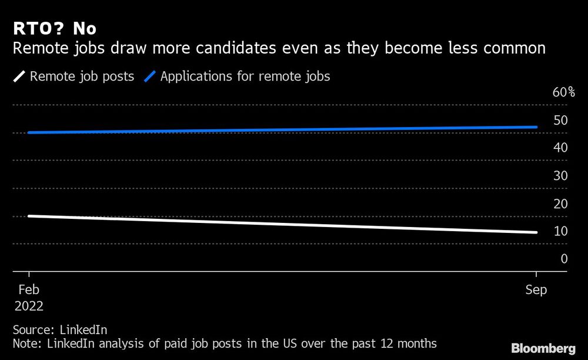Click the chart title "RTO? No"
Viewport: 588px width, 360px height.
pyautogui.click(x=54, y=28)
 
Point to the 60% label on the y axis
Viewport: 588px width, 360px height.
pyautogui.click(x=563, y=92)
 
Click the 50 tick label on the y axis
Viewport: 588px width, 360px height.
pyautogui.click(x=560, y=120)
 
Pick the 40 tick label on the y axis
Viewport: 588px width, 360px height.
pyautogui.click(x=560, y=148)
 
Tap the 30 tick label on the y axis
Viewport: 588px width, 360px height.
pyautogui.click(x=560, y=175)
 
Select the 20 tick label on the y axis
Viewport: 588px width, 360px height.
pyautogui.click(x=560, y=203)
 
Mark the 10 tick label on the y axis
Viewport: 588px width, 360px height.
pyautogui.click(x=560, y=231)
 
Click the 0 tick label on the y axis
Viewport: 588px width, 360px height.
pyautogui.click(x=564, y=258)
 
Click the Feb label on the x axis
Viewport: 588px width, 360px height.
pyautogui.click(x=29, y=290)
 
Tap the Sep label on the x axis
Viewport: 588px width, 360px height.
pyautogui.click(x=536, y=290)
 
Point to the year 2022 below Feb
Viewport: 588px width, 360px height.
pyautogui.click(x=29, y=306)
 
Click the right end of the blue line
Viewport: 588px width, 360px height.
pyautogui.click(x=536, y=127)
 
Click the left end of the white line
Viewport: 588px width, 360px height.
pyautogui.click(x=29, y=216)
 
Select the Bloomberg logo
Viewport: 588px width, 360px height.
pyautogui.click(x=543, y=348)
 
